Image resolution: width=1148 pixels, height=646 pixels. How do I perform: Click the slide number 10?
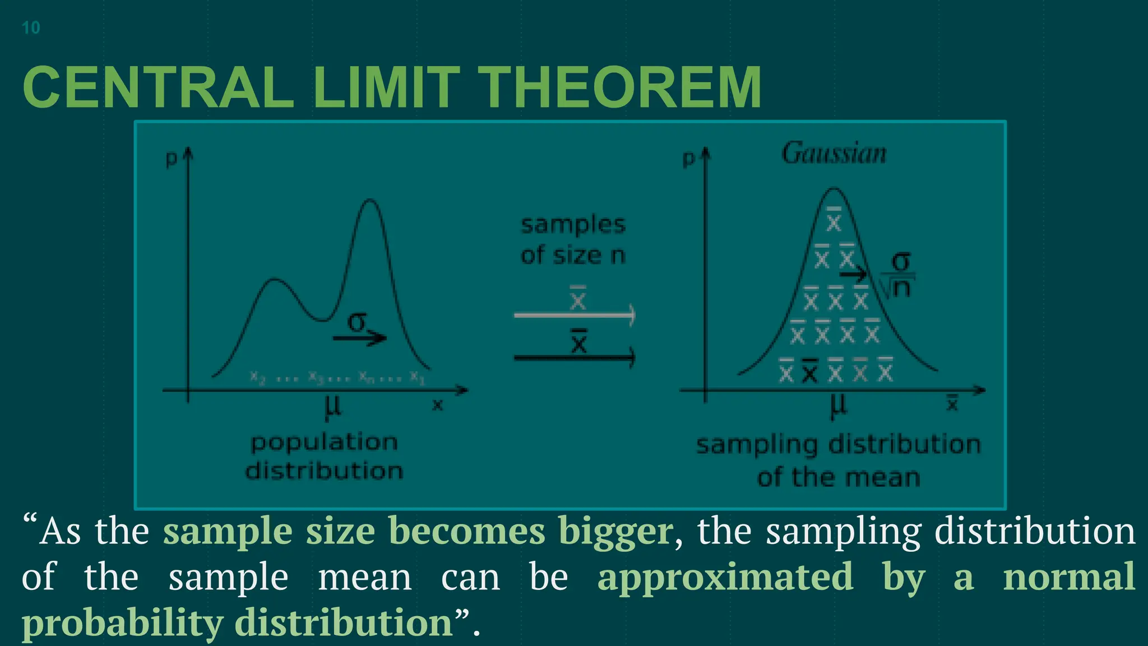click(31, 27)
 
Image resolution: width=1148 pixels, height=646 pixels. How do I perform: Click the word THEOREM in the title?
click(621, 88)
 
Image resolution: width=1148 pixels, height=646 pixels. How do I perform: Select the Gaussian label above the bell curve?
click(834, 153)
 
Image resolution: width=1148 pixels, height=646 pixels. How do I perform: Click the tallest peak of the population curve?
click(369, 201)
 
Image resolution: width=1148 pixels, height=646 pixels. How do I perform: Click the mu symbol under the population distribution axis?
click(333, 407)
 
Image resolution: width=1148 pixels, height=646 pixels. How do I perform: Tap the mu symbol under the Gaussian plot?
click(838, 406)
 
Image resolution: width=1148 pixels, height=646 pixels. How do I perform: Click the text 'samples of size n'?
click(573, 240)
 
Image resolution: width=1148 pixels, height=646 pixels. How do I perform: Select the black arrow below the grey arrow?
click(574, 357)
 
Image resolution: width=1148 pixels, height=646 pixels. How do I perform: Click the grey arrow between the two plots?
click(574, 315)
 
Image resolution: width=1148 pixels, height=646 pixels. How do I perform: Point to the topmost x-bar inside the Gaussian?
click(834, 220)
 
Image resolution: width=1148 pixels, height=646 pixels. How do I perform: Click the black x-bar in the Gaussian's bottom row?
click(809, 371)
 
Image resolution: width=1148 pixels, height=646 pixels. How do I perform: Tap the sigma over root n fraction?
click(900, 275)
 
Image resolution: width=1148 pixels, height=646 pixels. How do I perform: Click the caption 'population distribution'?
click(325, 456)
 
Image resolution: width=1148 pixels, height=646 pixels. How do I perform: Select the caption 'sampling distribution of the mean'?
click(839, 460)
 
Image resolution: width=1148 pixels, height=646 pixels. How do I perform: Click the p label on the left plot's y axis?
click(171, 159)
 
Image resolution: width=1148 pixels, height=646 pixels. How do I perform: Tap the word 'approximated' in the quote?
click(725, 576)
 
